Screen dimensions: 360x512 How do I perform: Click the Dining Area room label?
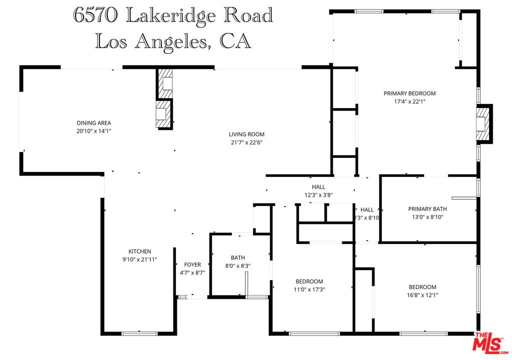94,123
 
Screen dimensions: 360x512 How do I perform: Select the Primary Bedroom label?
410,93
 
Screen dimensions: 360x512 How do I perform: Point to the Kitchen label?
140,251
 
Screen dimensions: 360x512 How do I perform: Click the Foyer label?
192,264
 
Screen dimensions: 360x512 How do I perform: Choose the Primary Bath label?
428,209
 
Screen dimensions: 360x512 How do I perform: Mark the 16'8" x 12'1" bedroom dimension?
423,295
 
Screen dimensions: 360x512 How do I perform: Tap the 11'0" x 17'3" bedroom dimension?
309,289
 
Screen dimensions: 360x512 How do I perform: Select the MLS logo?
491,343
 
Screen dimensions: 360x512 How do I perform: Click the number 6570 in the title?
95,15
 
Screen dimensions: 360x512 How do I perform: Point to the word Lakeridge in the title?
170,15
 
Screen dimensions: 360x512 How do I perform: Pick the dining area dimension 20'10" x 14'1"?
94,131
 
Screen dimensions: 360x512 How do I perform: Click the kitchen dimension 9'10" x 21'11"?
140,259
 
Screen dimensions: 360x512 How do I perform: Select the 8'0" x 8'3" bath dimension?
237,266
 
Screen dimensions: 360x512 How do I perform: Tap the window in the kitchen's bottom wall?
139,333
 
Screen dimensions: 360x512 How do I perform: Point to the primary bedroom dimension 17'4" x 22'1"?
410,101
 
